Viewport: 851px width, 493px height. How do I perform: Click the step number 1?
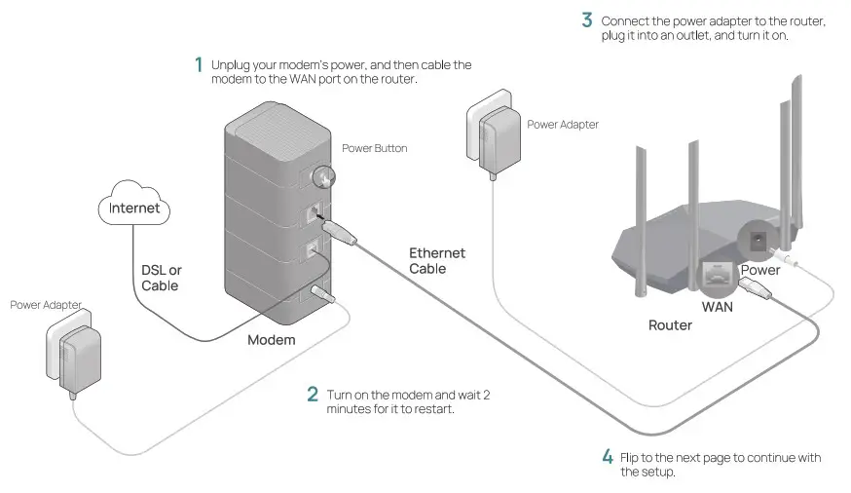click(x=199, y=65)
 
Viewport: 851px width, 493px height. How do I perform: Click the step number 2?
click(x=313, y=395)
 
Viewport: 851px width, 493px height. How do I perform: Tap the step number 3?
click(x=586, y=19)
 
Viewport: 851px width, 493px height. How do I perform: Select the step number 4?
click(x=608, y=456)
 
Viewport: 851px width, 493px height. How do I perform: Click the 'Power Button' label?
click(x=374, y=149)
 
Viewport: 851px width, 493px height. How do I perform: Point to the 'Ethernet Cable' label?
click(x=436, y=260)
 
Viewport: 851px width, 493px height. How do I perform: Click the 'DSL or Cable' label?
click(x=161, y=278)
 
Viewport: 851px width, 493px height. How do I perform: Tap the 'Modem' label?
click(x=271, y=340)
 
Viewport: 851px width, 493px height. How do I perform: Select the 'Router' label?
click(x=670, y=324)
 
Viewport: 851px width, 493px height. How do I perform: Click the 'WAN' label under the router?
click(x=717, y=306)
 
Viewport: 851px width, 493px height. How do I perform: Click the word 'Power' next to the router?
click(x=759, y=270)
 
